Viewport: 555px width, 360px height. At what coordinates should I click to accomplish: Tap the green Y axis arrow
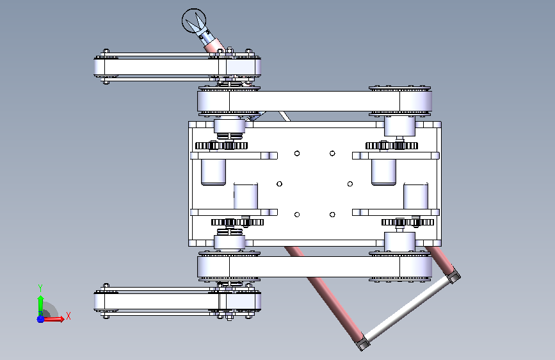tap(40, 304)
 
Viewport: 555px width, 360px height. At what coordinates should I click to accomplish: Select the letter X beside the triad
tap(68, 316)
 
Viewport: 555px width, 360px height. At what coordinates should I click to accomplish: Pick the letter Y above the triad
tap(40, 288)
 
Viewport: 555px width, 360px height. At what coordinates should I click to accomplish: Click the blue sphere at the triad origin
tap(40, 319)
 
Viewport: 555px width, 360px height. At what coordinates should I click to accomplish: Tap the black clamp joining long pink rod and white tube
tap(362, 343)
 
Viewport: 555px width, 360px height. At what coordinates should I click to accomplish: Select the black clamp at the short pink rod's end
tap(453, 276)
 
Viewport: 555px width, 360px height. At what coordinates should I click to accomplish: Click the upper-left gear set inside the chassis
tap(221, 145)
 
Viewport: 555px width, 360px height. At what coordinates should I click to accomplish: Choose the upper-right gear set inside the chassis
tap(392, 145)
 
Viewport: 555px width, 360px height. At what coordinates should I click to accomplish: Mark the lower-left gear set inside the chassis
tap(237, 222)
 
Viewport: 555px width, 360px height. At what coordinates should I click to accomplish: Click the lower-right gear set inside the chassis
tap(407, 222)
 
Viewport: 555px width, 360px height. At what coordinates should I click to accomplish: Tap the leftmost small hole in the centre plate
tap(279, 184)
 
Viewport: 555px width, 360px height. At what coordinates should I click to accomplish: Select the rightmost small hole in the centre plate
tap(350, 184)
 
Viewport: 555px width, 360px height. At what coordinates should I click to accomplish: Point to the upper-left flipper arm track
tap(177, 67)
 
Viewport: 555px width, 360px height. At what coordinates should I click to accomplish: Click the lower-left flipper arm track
tap(177, 302)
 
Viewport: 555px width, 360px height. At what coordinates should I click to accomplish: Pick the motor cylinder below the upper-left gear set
tap(213, 172)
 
